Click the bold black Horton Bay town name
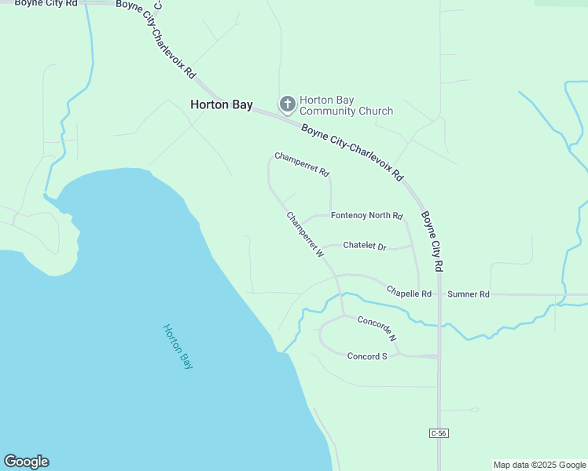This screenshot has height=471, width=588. coord(221,104)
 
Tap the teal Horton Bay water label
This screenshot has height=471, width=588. coord(178,346)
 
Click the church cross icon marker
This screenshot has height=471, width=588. coord(288,104)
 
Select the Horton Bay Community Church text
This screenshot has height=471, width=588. coord(346,105)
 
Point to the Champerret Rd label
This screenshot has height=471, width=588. coord(302,164)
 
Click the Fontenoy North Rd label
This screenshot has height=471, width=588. coord(366,215)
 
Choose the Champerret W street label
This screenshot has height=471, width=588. coord(305,234)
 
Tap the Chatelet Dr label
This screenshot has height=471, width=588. coord(365,246)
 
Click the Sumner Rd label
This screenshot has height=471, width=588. coord(469,294)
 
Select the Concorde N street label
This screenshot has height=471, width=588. coord(377,327)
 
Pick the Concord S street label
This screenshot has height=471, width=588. coord(368,356)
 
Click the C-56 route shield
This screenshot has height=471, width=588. coord(439,433)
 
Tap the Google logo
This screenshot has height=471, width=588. coord(26,462)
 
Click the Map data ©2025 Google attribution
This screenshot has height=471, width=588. coord(539,465)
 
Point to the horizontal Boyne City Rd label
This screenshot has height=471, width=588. coord(46,4)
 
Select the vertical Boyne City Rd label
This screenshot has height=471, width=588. coord(433,240)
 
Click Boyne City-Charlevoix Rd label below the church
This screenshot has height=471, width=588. coord(352,152)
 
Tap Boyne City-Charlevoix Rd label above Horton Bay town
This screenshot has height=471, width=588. coord(156,39)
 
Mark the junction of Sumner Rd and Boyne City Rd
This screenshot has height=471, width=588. coord(439,294)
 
